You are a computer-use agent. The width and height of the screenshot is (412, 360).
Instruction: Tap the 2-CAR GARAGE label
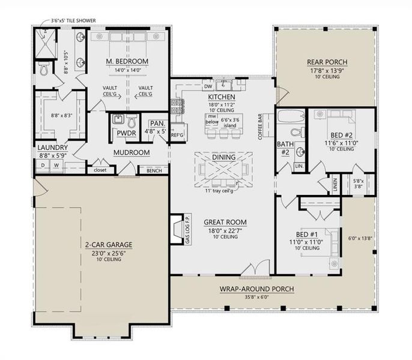(x=108, y=245)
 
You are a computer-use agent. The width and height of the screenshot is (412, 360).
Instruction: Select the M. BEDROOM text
(x=127, y=62)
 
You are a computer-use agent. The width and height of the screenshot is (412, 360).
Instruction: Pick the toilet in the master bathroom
(x=44, y=70)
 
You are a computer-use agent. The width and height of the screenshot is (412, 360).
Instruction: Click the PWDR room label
(x=126, y=133)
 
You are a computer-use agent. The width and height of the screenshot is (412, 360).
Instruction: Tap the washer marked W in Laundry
(x=56, y=165)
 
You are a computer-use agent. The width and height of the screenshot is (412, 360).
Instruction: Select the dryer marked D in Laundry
(x=43, y=165)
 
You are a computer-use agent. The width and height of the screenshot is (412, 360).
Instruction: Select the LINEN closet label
(x=335, y=185)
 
